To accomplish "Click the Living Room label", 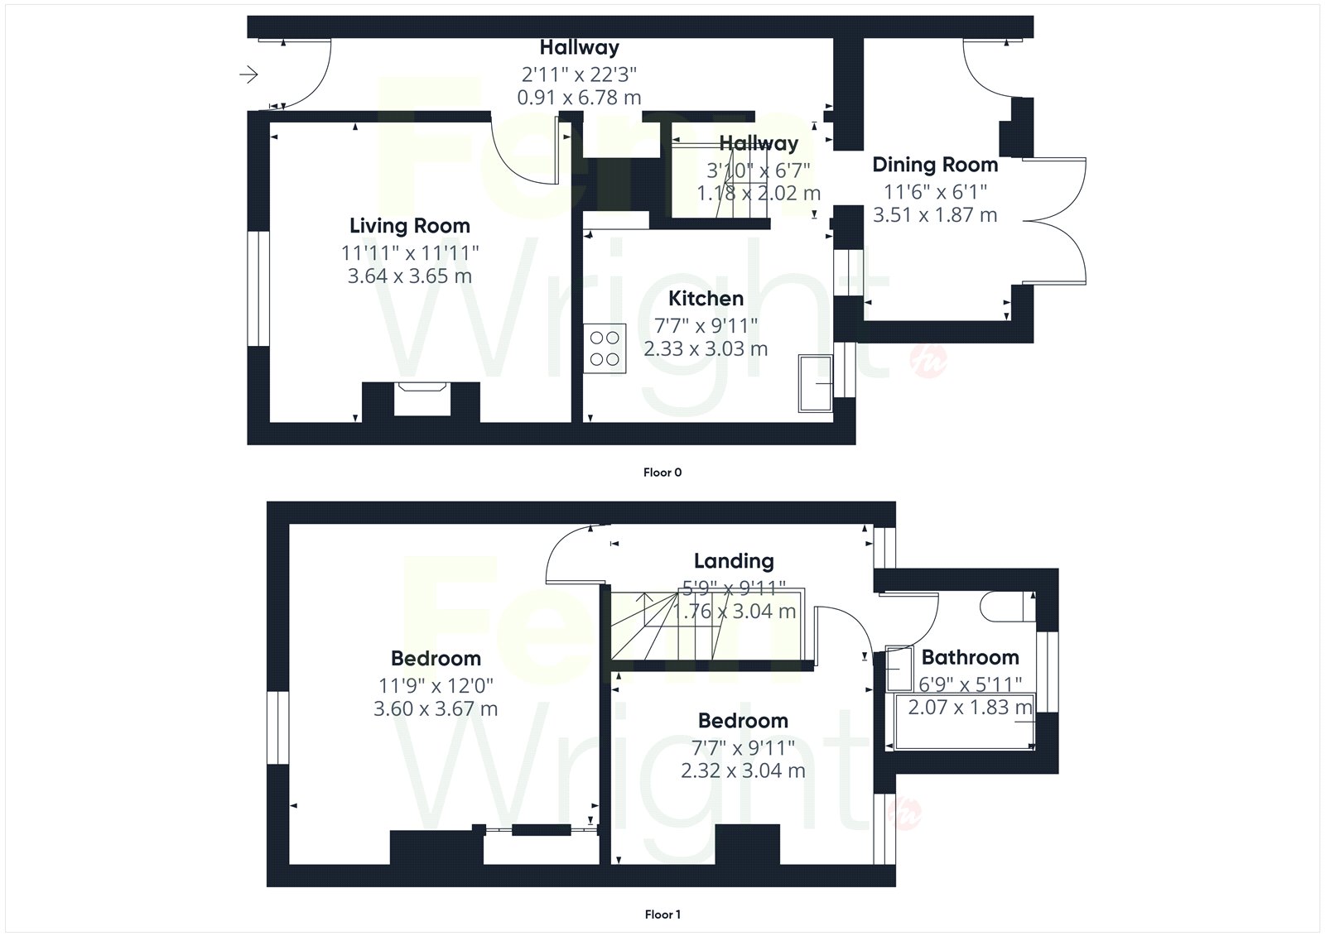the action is click(409, 226).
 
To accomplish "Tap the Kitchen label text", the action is click(706, 299).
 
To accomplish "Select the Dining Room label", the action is click(935, 165).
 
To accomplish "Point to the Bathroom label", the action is click(970, 657).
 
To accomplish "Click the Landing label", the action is click(734, 561).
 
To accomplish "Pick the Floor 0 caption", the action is click(662, 473).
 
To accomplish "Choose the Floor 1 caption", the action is click(662, 914).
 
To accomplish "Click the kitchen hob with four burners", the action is click(605, 348).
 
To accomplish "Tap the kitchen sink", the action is click(815, 383).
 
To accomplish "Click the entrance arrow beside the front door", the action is click(249, 74).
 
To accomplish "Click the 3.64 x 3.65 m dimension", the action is click(409, 276).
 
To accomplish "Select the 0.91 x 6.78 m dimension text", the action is click(579, 98).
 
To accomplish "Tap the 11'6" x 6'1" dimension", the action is click(935, 192).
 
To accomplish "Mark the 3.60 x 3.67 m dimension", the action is click(436, 709).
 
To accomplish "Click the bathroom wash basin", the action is click(899, 669).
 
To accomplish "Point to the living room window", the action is click(258, 289).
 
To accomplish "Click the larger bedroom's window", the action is click(278, 728).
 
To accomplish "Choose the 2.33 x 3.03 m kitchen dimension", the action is click(706, 349).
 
